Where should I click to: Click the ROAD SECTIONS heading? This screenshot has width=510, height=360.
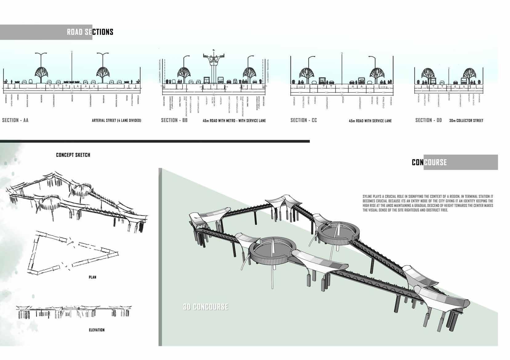coord(90,32)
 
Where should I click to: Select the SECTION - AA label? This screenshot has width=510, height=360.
coord(15,120)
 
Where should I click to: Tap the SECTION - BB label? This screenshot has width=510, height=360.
coord(174,120)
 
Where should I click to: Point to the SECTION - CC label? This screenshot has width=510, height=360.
coord(303,120)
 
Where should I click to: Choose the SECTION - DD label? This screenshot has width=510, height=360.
coord(428,120)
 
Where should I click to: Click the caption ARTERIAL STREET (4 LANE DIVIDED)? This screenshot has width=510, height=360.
coord(116,121)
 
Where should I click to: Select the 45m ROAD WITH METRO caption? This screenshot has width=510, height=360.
coord(234,121)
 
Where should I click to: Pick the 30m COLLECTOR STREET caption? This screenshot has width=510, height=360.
coord(466,121)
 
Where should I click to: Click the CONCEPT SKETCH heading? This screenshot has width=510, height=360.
coord(73,155)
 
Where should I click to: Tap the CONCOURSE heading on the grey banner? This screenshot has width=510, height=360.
coord(429,162)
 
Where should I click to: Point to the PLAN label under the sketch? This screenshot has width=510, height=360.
coord(92,277)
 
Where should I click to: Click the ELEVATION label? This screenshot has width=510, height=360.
coord(97,330)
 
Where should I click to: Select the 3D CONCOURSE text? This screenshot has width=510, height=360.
coord(205,307)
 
